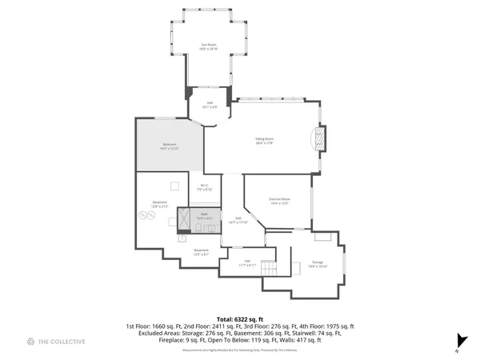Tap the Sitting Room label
(266, 141)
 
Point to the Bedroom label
(169, 146)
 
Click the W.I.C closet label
(204, 188)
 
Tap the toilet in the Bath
(197, 230)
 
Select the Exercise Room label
(278, 201)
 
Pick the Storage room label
(318, 264)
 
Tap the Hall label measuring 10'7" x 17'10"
(233, 222)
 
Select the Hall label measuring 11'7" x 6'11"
(247, 263)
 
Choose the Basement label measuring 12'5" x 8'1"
(201, 252)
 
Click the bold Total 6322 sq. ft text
(239, 319)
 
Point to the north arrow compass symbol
(459, 341)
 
